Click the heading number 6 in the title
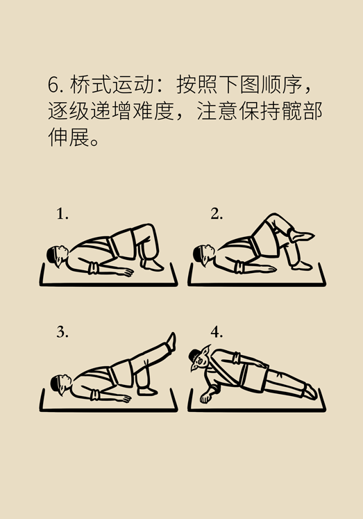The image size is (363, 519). (x=53, y=85)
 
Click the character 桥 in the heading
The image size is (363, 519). (x=80, y=85)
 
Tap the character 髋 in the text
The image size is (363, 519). (x=292, y=111)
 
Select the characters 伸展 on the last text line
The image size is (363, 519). (x=69, y=137)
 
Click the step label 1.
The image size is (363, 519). (x=62, y=214)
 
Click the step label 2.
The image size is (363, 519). (x=217, y=214)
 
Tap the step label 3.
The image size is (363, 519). (x=62, y=332)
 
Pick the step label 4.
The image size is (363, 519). (x=217, y=332)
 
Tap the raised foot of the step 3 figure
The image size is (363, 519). (x=171, y=341)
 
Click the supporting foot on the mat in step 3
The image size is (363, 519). (x=147, y=391)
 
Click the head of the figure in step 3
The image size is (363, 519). (x=61, y=384)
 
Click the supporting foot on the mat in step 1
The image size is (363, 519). (x=153, y=265)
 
